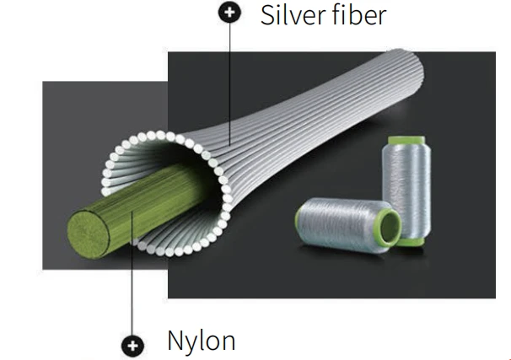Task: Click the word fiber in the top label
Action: pyautogui.click(x=358, y=15)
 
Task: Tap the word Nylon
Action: pyautogui.click(x=201, y=341)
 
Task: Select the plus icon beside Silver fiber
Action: pyautogui.click(x=229, y=12)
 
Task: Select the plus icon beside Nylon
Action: pyautogui.click(x=132, y=346)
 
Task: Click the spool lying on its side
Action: pyautogui.click(x=348, y=225)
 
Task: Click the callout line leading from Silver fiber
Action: pyautogui.click(x=229, y=84)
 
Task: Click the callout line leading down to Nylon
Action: pyautogui.click(x=132, y=273)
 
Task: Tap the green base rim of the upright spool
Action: pyautogui.click(x=411, y=241)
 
